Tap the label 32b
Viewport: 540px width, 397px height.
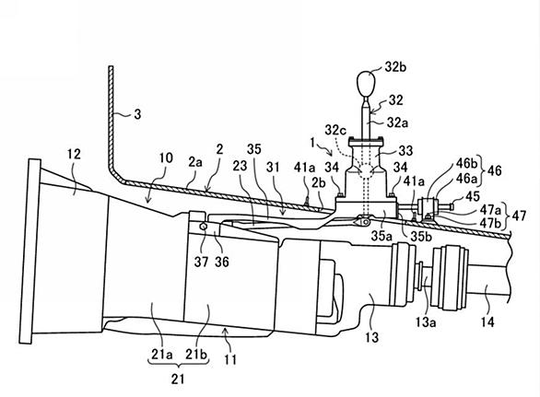point(395,67)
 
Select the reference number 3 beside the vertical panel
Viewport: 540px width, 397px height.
point(137,114)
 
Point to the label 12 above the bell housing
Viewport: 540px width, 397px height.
point(74,154)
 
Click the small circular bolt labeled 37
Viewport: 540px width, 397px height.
point(203,227)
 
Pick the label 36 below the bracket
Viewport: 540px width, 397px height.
point(221,263)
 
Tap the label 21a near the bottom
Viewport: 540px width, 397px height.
point(161,355)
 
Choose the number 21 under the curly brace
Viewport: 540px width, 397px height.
point(178,379)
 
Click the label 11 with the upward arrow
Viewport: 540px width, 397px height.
point(230,360)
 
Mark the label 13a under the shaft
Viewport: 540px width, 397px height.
point(426,322)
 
